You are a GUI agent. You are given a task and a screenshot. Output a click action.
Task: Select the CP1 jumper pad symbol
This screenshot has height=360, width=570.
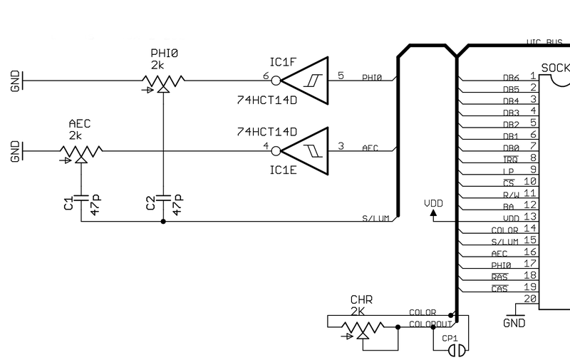coord(459,350)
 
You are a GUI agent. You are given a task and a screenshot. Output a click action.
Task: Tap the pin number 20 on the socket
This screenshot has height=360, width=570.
coord(529,299)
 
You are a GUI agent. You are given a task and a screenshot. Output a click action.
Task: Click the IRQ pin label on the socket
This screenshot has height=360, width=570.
coord(510,159)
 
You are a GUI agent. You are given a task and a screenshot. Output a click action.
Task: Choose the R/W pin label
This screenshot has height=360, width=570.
coord(509,194)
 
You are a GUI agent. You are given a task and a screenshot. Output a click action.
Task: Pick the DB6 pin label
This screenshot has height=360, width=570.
coord(510,78)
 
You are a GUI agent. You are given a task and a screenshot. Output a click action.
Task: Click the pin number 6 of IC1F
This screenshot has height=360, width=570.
coord(266,75)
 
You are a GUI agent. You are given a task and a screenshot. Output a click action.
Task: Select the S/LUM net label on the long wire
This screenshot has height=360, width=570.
coord(375,218)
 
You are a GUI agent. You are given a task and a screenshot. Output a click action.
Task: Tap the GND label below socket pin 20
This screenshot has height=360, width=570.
coord(513,323)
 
